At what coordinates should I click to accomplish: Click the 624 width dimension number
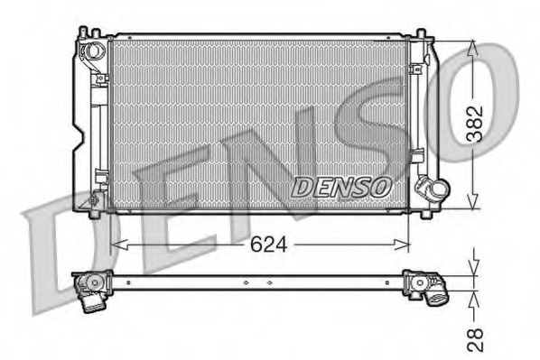259,244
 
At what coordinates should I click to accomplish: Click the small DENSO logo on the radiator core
342,187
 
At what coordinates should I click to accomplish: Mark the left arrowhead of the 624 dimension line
115,244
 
